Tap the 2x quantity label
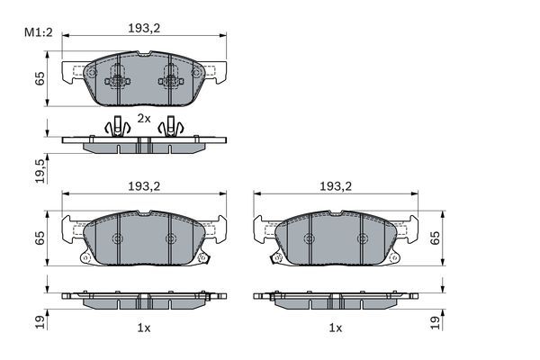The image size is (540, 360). pos(144,118)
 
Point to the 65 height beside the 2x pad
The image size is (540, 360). pos(39,78)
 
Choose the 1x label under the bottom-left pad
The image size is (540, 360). pos(143,328)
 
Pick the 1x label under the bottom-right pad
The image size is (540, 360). pos(336,328)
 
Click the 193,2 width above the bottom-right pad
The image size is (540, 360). pos(336,186)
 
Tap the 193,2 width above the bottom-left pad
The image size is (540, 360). pos(143,186)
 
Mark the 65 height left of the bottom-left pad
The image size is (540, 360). pos(39,238)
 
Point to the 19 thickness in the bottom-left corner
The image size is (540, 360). pos(39,320)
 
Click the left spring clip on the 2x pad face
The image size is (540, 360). pos(117,81)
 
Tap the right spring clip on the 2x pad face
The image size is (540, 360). pos(169,81)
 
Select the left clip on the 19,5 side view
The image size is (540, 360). pos(115,127)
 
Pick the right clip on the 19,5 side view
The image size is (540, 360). pos(171,127)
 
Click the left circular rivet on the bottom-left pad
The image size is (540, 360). pos(117,238)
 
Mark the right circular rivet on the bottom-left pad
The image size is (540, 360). pos(170,238)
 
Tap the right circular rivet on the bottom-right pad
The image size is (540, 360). pos(362,238)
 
